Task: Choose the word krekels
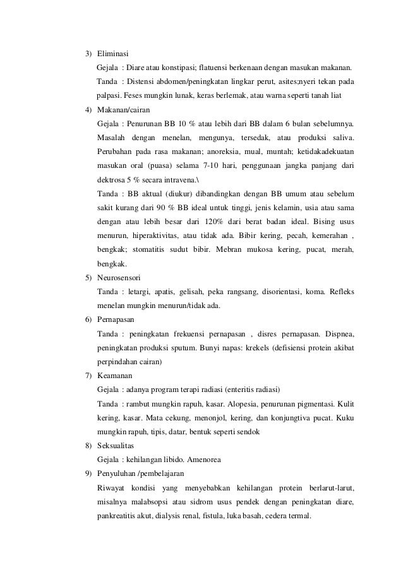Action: (260, 348)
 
